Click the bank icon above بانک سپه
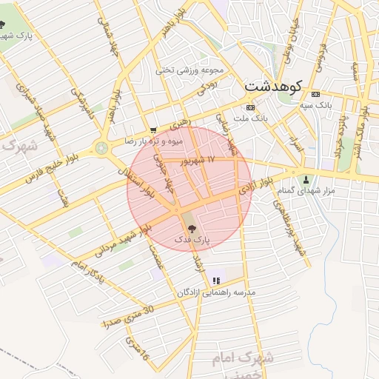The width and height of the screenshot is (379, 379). (316, 95)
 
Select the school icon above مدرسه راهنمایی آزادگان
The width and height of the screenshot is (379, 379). (216, 281)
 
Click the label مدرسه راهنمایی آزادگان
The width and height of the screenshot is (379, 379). (215, 292)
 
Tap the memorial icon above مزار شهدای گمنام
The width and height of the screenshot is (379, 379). (306, 180)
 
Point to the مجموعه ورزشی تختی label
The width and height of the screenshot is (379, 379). (189, 70)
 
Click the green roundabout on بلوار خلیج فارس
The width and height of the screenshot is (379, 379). (101, 149)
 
